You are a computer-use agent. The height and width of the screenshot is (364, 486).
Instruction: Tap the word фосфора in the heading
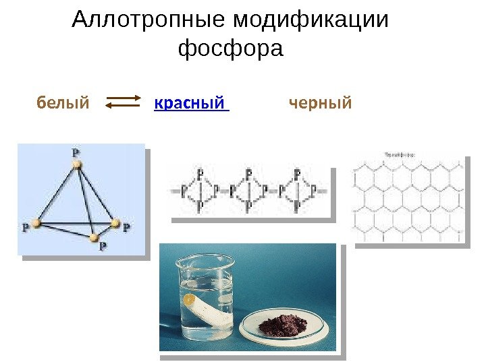tap(230, 49)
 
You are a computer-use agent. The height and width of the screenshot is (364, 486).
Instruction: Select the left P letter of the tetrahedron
tap(26, 227)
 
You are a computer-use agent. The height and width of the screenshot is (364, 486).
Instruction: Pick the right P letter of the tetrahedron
tap(126, 227)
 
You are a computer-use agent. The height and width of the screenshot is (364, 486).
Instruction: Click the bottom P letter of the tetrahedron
tap(103, 247)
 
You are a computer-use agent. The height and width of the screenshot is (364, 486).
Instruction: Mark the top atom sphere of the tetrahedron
tap(77, 163)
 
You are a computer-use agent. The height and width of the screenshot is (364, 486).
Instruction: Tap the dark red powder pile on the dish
tap(281, 321)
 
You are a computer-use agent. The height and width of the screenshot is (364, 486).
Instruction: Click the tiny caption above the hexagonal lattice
tap(399, 155)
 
